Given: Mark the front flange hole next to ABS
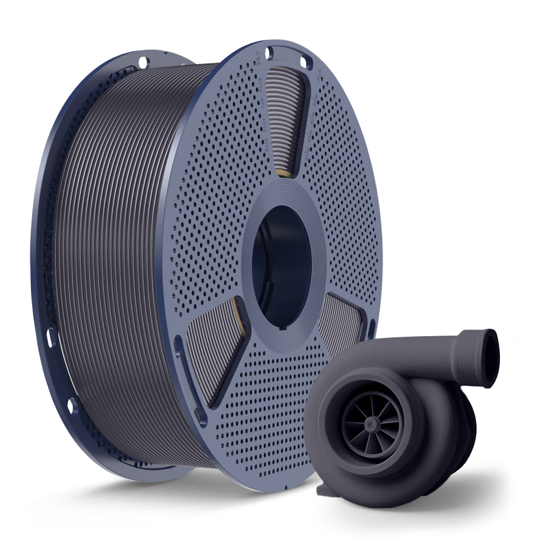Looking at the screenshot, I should coord(269,54).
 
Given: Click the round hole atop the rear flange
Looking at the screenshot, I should coord(143,61).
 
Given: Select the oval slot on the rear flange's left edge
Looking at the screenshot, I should coord(50,337).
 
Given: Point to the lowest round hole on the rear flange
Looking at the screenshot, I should coord(72,406).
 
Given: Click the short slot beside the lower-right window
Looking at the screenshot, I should coord(372,329).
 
